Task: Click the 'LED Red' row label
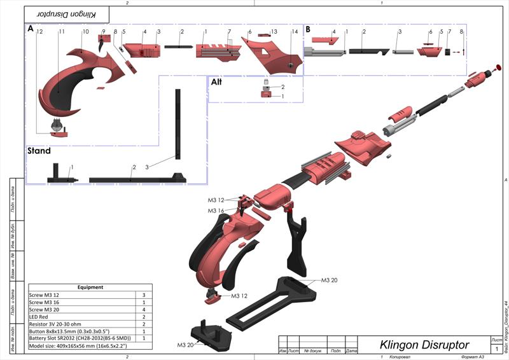click(42, 316)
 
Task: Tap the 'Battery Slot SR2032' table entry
click(80, 338)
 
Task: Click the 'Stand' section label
click(38, 151)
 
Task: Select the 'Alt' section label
click(216, 81)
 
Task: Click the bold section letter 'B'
click(308, 29)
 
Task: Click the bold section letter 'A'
click(30, 29)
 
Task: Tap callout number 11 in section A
click(62, 31)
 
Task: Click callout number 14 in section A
click(295, 31)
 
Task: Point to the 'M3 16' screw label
click(216, 211)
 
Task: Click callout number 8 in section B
click(461, 31)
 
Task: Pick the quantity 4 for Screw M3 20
click(144, 309)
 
